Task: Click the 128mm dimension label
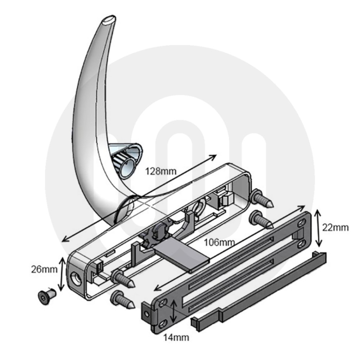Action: (x=161, y=171)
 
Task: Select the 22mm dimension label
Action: (x=336, y=228)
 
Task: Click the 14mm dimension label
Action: (x=176, y=337)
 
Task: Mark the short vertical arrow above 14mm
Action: (x=175, y=312)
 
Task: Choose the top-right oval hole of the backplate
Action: (x=300, y=224)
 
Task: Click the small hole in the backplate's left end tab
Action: (x=147, y=314)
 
